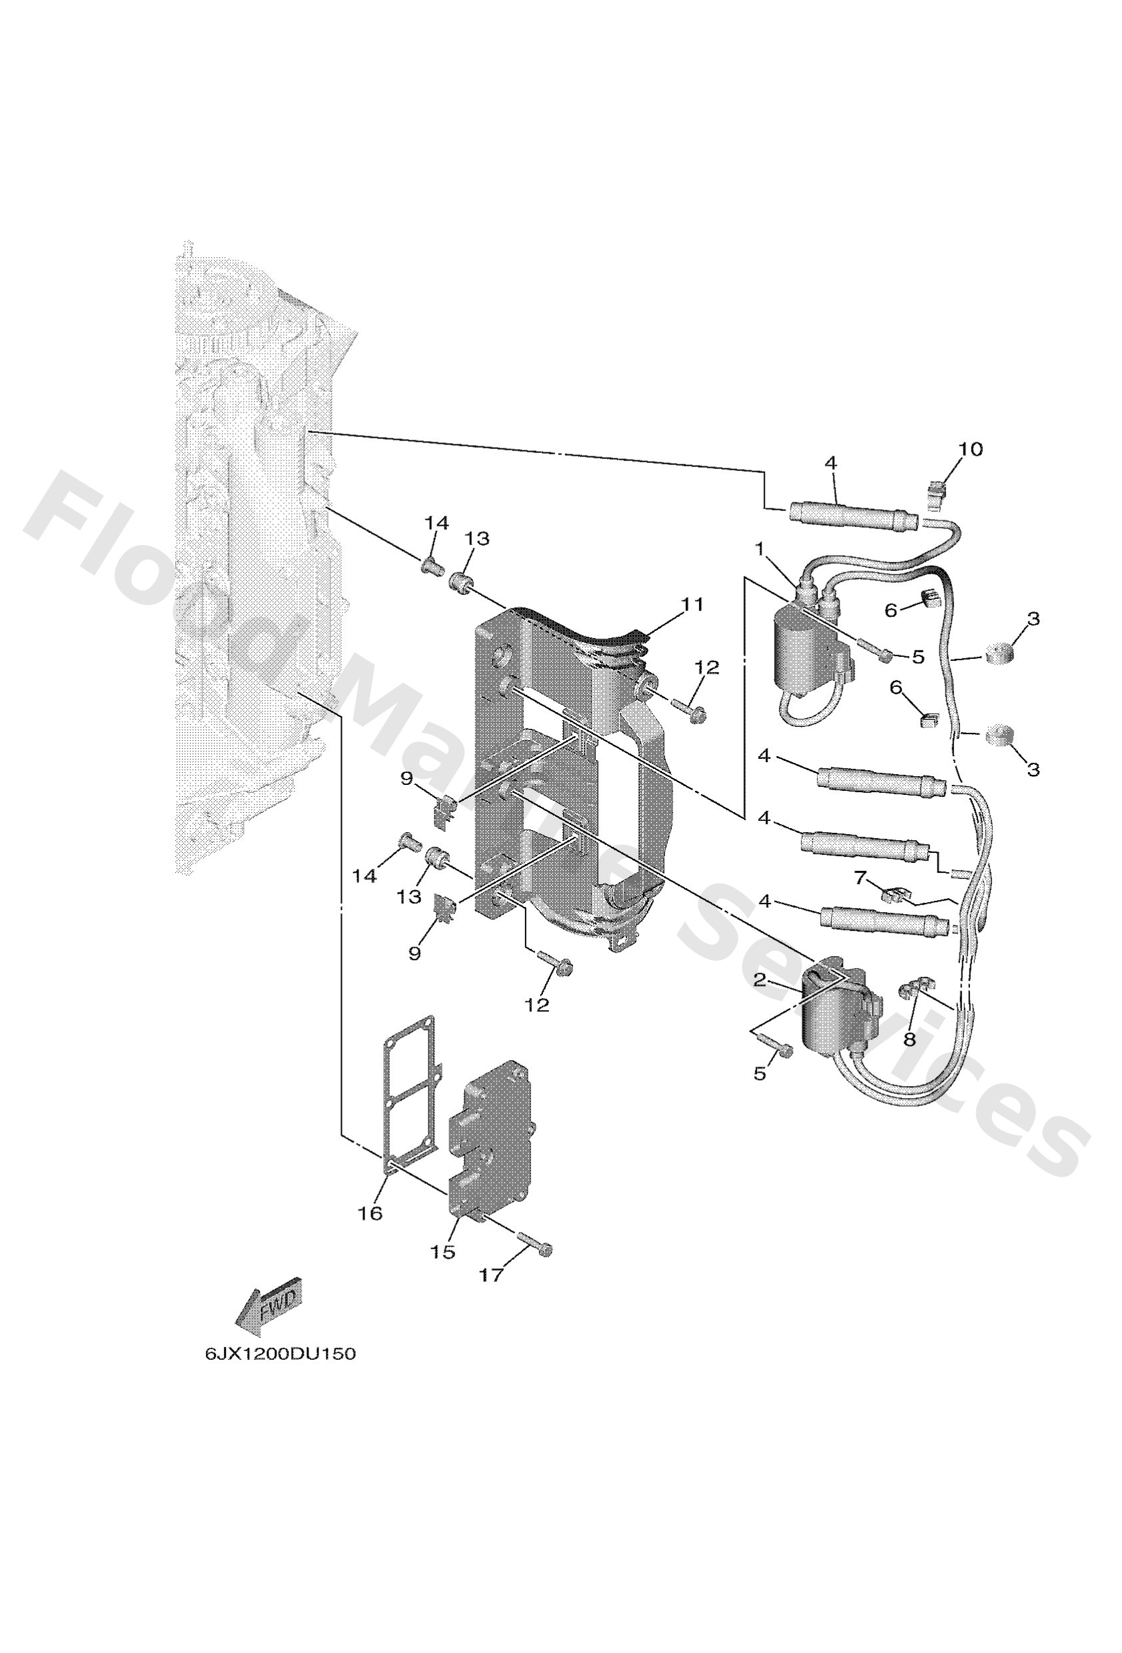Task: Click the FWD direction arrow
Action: click(269, 1307)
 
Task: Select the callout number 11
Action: click(692, 604)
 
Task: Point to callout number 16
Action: click(370, 1213)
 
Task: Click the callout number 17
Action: click(490, 1275)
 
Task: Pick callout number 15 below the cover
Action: click(442, 1251)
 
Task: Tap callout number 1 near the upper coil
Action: click(760, 548)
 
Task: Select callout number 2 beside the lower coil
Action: click(760, 980)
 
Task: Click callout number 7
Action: click(861, 878)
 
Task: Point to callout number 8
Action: click(909, 1039)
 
